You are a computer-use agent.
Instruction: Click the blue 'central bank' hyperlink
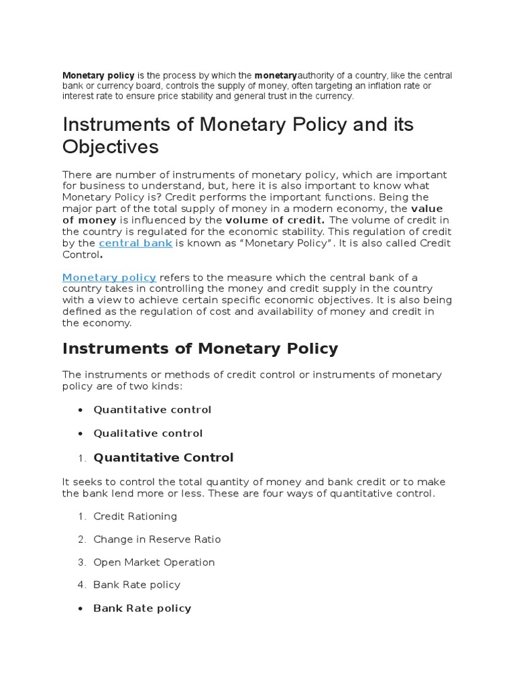point(135,243)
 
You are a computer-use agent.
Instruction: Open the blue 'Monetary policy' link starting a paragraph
point(109,277)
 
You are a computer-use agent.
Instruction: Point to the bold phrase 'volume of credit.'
point(275,219)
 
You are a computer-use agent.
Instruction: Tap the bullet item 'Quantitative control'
point(152,409)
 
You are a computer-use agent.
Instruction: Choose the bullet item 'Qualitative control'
point(148,433)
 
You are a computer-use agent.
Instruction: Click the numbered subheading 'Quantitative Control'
point(164,458)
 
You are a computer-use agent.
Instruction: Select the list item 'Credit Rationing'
point(135,516)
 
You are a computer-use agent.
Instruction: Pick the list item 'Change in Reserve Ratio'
point(157,539)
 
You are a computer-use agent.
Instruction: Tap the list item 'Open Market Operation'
point(154,562)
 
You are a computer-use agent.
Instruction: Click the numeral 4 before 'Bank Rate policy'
point(81,585)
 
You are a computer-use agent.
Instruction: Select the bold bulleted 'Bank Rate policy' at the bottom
point(142,609)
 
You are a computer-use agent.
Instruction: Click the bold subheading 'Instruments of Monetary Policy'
point(200,349)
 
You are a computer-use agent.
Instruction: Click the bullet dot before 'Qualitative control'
point(81,433)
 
